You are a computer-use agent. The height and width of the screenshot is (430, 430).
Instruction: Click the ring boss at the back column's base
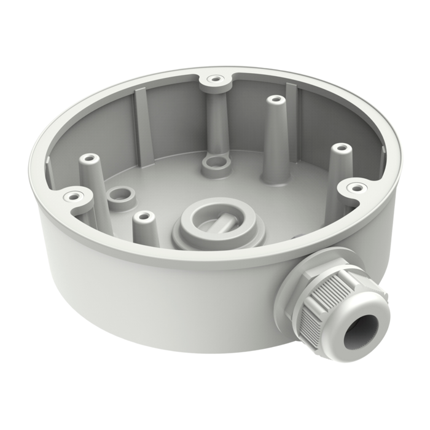click(214, 163)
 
